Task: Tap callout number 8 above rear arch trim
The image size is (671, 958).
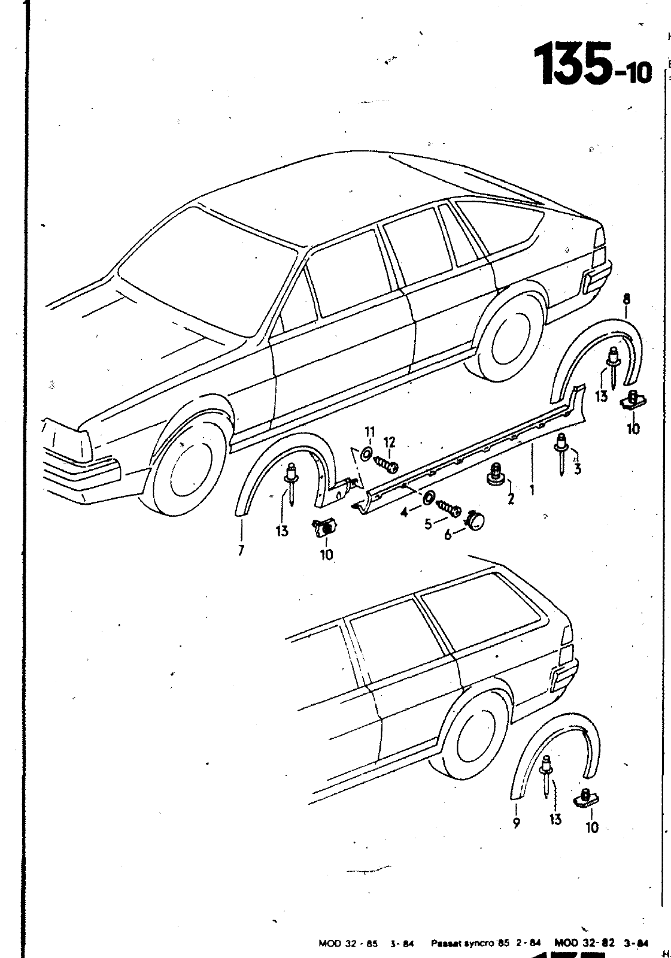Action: coord(626,299)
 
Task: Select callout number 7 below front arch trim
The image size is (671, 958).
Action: coord(241,551)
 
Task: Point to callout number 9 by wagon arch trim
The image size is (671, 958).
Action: coord(517,823)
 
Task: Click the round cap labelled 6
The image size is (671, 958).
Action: coord(476,520)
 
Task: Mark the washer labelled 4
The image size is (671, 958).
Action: coord(429,498)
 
